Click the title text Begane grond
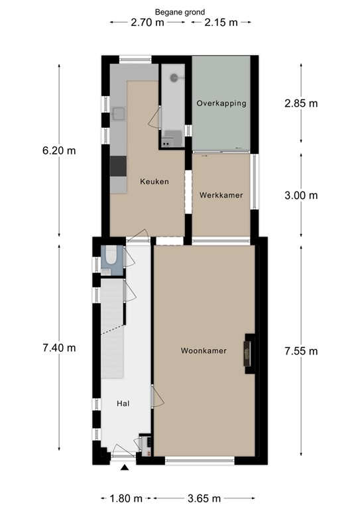[180, 11]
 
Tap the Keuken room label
[154, 181]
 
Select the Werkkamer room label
[221, 196]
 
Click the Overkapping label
[221, 103]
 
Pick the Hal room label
[123, 403]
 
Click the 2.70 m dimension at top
[148, 23]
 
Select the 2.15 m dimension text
[221, 23]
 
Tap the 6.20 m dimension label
[59, 150]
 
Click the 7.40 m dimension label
[59, 347]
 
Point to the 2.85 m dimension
[301, 103]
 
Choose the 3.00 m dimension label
[301, 196]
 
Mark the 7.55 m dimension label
[301, 351]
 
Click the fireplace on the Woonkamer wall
[249, 351]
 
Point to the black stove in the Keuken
[118, 165]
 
